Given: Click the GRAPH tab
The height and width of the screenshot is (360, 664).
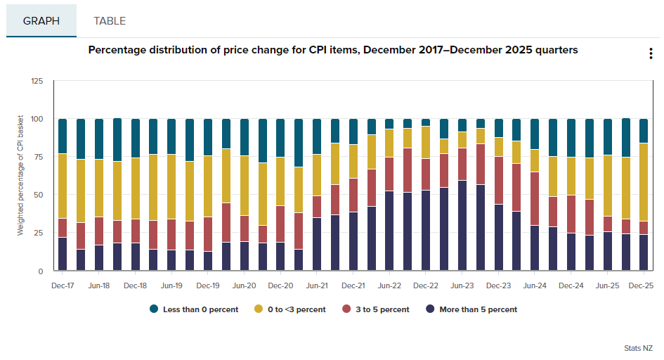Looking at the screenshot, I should tap(41, 20).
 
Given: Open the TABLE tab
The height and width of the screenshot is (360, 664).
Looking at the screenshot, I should tap(110, 20).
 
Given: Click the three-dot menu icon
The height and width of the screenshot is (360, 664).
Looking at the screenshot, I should tap(651, 55).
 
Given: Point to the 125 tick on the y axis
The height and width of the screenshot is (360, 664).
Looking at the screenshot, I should tap(37, 82).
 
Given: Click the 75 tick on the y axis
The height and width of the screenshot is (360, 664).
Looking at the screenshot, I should tap(39, 157).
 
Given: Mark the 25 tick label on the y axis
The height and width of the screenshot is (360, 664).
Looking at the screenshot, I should tap(39, 233).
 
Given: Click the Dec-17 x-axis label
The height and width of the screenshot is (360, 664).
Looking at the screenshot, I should tap(63, 286).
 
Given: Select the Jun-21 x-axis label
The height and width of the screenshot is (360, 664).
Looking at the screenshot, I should tap(317, 286).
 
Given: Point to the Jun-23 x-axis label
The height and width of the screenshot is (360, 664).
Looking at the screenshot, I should tap(462, 286).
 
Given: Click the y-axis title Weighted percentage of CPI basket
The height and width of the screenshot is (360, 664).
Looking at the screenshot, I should tap(20, 176).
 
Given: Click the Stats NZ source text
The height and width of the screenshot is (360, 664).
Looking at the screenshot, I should tap(638, 348).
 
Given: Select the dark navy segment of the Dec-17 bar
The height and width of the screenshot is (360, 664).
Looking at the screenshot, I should tap(63, 254).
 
